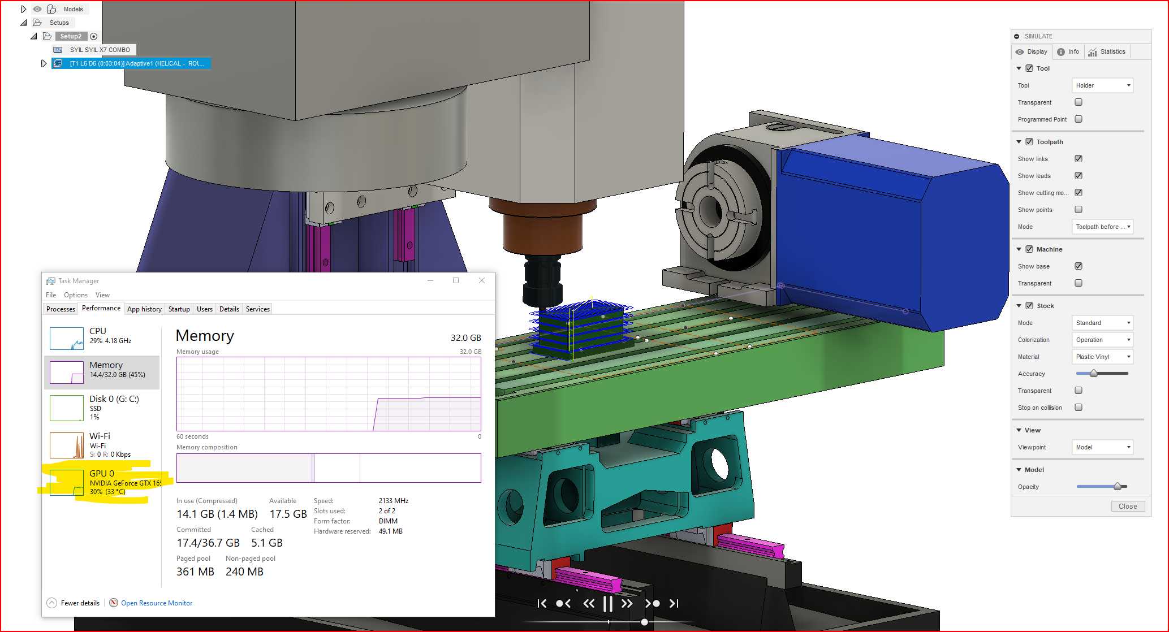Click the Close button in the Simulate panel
pyautogui.click(x=1127, y=506)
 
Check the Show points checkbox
pyautogui.click(x=1078, y=210)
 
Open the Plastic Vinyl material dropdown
pyautogui.click(x=1102, y=357)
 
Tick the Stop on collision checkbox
pyautogui.click(x=1078, y=408)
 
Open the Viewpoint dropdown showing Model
pyautogui.click(x=1102, y=447)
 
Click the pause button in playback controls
pyautogui.click(x=608, y=604)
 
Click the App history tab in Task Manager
pyautogui.click(x=144, y=309)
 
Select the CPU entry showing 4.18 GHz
pyautogui.click(x=102, y=338)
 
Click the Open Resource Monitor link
pyautogui.click(x=157, y=603)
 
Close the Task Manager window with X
pyautogui.click(x=482, y=280)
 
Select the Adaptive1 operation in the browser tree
pyautogui.click(x=136, y=63)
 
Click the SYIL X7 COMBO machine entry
pyautogui.click(x=100, y=50)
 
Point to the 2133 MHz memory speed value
pyautogui.click(x=394, y=501)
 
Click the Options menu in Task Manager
pyautogui.click(x=76, y=295)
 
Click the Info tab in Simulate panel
pyautogui.click(x=1068, y=51)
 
